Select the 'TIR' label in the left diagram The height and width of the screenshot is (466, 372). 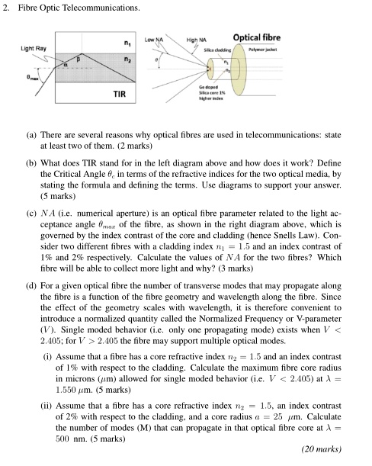click(x=119, y=94)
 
